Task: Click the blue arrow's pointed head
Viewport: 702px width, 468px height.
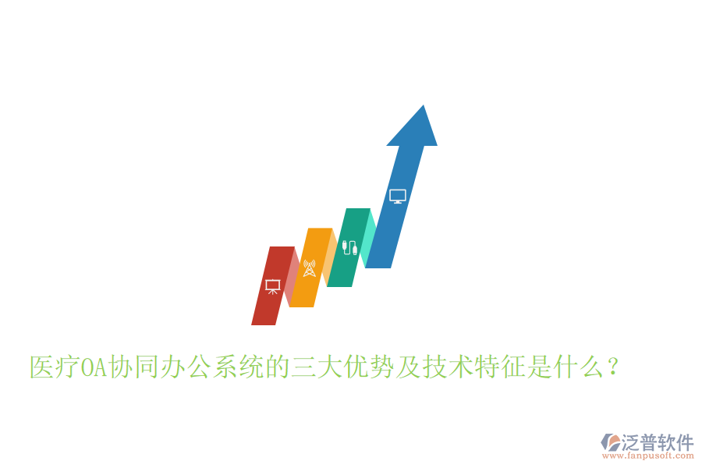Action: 413,129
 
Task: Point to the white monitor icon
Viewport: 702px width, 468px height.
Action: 398,197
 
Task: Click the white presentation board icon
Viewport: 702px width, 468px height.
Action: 273,286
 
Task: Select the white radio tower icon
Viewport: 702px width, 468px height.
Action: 310,268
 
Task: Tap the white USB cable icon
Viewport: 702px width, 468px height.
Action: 349,249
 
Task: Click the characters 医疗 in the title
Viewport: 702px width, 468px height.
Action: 55,367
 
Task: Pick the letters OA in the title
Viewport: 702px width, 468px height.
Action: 94,367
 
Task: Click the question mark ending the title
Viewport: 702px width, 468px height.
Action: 613,367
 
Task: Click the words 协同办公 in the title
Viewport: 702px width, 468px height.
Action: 161,367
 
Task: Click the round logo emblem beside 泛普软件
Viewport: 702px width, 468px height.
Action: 610,442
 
